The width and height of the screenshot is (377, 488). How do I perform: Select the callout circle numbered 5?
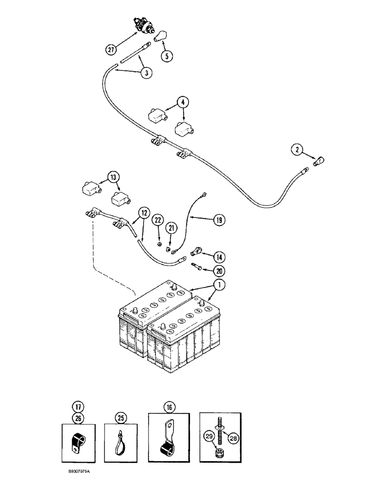click(167, 56)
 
